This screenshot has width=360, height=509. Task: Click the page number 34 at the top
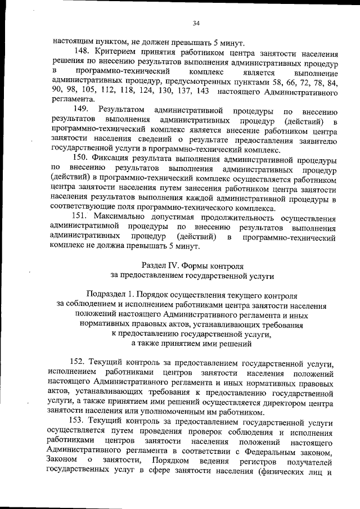pos(196,23)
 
